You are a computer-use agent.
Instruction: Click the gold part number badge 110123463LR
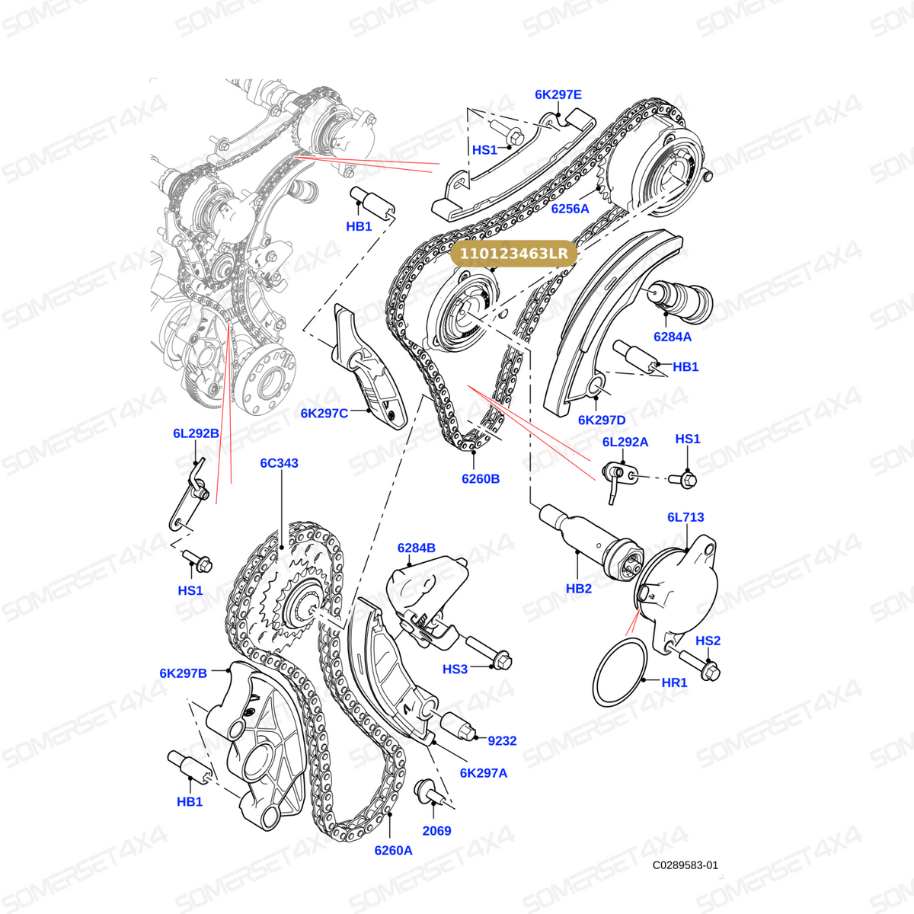coord(513,254)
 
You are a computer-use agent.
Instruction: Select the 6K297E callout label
coord(558,95)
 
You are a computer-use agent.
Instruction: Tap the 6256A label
coord(570,209)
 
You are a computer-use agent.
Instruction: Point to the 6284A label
coord(672,337)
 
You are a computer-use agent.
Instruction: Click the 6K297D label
coord(602,420)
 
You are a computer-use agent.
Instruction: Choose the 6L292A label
coord(625,442)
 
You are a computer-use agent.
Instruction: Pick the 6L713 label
coord(685,517)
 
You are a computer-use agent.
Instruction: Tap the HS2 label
coord(708,641)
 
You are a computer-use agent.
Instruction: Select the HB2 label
coord(579,589)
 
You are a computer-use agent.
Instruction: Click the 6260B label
coord(481,479)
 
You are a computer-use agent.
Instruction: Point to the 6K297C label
coord(324,414)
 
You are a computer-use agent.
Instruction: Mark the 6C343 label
coord(279,463)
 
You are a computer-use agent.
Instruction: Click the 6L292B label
coord(196,433)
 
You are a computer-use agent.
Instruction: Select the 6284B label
coord(417,548)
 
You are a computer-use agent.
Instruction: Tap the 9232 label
coord(502,741)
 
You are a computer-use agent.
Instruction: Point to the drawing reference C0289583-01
coord(685,865)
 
